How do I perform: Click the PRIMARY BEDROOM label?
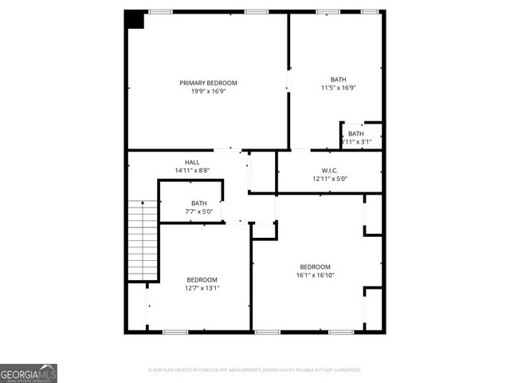click(x=208, y=83)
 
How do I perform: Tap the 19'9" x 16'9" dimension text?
click(x=208, y=91)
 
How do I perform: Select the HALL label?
click(x=192, y=162)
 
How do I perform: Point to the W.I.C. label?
click(x=330, y=170)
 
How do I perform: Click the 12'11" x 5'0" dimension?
click(x=330, y=179)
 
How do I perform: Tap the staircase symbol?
click(x=143, y=240)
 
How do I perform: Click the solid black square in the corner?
click(x=134, y=20)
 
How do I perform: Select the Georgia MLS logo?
click(x=29, y=373)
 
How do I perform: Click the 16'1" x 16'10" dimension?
click(x=315, y=275)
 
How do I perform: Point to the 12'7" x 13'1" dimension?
click(x=202, y=287)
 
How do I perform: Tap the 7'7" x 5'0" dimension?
click(x=198, y=211)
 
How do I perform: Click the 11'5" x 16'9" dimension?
click(x=339, y=88)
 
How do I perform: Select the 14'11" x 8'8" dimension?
click(x=192, y=171)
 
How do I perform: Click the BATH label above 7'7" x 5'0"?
click(x=198, y=203)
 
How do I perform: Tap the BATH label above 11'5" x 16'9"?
click(x=339, y=79)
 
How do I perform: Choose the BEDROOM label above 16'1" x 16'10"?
click(x=315, y=267)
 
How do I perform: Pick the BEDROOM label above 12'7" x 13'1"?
click(x=202, y=279)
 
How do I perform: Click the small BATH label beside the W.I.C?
click(x=356, y=133)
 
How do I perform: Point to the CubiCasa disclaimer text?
click(x=255, y=370)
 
